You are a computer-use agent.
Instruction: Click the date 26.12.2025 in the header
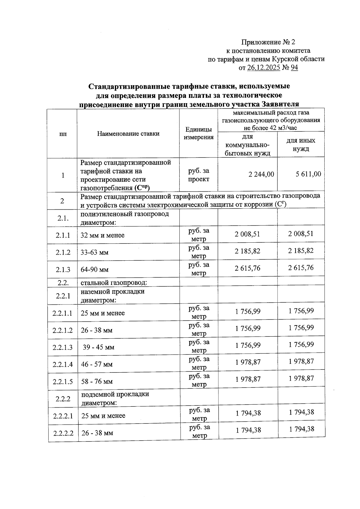264,68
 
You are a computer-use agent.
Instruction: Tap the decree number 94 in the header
294,68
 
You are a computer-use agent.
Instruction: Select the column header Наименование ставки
128,134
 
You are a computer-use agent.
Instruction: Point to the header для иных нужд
301,145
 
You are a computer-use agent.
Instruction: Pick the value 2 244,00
261,174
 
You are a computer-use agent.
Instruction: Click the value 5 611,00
308,174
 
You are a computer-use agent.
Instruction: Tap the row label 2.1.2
63,253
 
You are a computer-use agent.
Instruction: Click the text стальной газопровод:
114,283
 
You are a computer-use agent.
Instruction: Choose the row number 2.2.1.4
62,364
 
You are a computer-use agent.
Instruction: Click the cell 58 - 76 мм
97,382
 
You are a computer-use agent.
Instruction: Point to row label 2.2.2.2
63,433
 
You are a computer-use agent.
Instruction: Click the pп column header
63,134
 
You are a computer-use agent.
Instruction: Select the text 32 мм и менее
102,235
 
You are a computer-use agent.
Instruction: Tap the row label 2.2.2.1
63,416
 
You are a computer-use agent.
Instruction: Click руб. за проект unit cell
198,175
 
